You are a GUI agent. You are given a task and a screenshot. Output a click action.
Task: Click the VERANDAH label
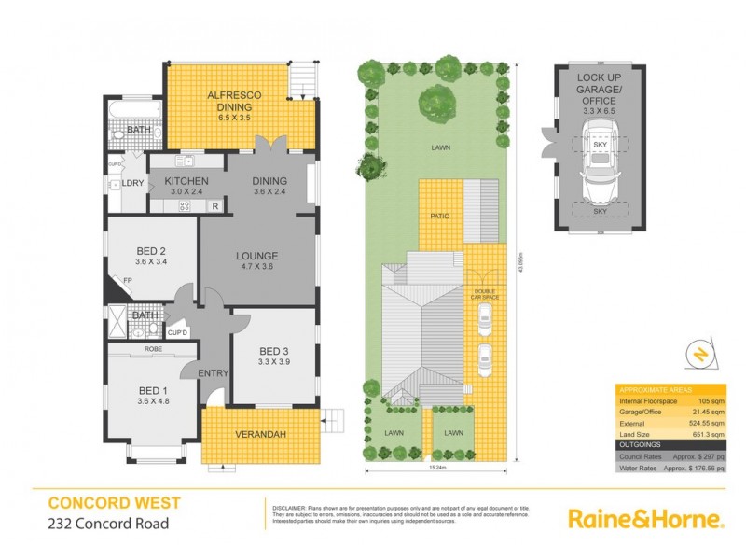[260, 436]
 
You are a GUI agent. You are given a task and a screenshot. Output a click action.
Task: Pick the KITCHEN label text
[186, 180]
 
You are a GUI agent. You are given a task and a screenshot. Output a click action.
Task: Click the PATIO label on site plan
[440, 217]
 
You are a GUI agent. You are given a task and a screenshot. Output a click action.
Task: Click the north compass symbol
[702, 353]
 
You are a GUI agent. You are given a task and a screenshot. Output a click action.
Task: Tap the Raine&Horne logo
[645, 519]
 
